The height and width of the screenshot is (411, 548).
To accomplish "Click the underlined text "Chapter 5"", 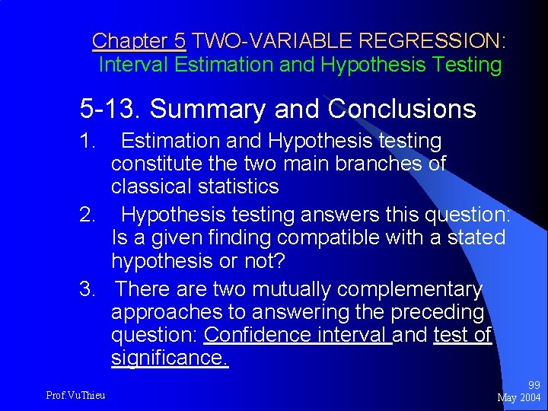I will [x=139, y=40].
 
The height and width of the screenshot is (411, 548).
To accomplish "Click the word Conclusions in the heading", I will [x=402, y=110].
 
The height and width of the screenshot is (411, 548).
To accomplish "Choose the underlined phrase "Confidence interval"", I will [x=298, y=335].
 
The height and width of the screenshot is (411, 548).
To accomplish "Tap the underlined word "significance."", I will [x=169, y=357].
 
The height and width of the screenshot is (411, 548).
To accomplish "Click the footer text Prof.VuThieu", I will [x=75, y=394].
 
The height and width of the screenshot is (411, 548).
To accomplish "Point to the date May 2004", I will [x=518, y=397].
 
